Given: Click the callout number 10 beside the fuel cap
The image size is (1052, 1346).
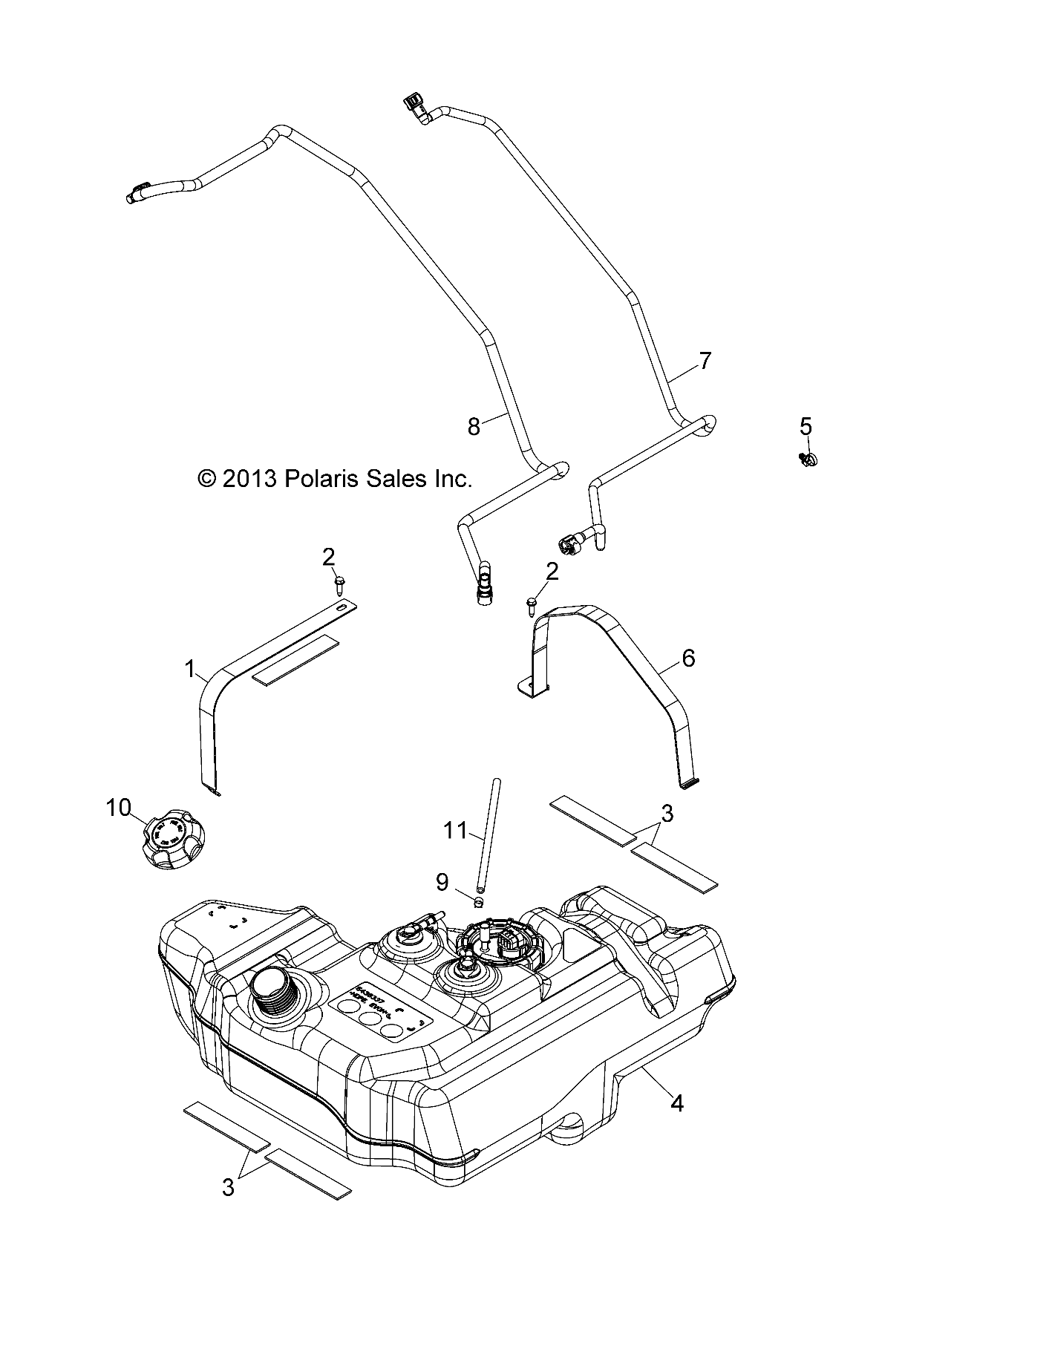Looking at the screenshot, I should point(119,807).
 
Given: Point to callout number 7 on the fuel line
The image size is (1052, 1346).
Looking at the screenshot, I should point(705,362).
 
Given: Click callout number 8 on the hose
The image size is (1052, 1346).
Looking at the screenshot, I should point(474,426).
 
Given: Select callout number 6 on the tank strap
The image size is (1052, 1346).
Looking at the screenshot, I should point(687,658).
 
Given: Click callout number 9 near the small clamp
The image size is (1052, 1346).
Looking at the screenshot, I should point(442,882).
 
